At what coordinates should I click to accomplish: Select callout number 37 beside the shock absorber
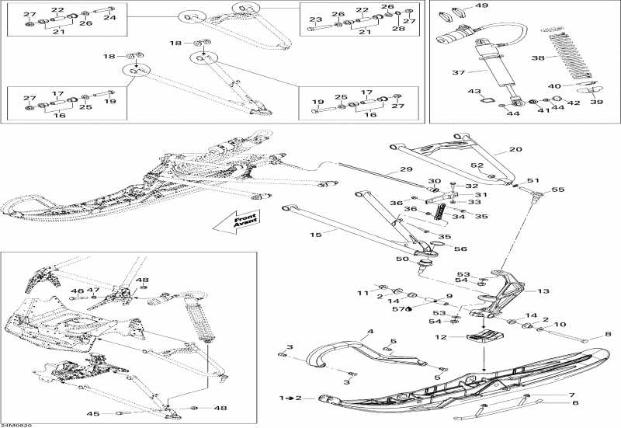pos(459,73)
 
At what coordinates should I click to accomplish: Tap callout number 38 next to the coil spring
pos(536,58)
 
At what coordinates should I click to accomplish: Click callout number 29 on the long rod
pos(405,169)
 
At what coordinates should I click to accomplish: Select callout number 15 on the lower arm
pos(316,235)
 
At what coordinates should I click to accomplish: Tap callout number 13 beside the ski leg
pos(543,291)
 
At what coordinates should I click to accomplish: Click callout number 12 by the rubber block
pos(440,337)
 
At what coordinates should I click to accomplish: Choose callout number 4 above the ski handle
pos(370,332)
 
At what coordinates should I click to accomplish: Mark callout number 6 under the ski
pos(574,403)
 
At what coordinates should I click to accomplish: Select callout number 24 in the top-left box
pos(109,16)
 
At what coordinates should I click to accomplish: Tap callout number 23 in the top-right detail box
pos(315,19)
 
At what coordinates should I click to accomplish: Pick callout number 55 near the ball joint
pos(557,190)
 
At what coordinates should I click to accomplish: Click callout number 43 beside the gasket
pos(474,92)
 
